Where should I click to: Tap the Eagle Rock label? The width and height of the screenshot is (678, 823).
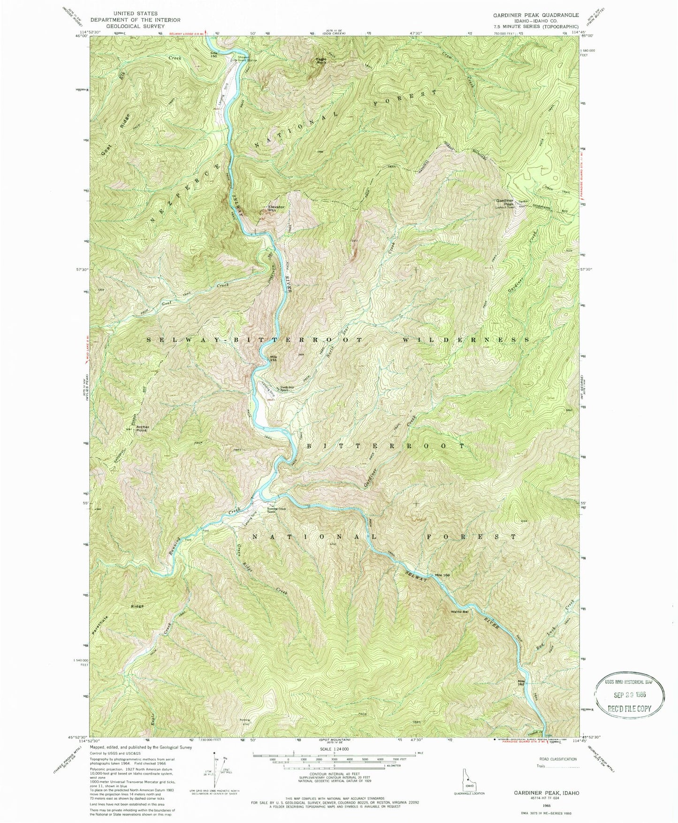point(321,61)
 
